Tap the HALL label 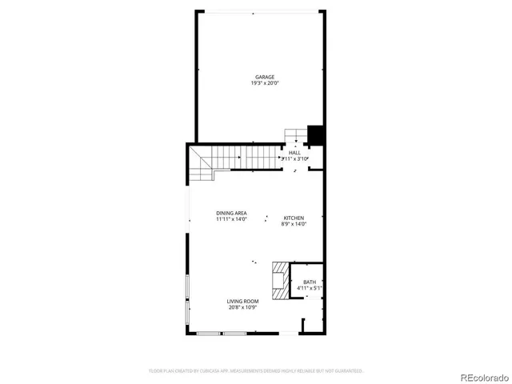(x=294, y=153)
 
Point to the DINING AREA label (x=231, y=213)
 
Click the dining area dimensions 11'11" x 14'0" (x=231, y=219)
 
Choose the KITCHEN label (x=294, y=218)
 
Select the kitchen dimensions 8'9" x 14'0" (x=294, y=224)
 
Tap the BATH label (x=310, y=282)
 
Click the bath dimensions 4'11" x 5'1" (x=310, y=288)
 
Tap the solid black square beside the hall (x=315, y=135)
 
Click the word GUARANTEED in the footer (x=349, y=370)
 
